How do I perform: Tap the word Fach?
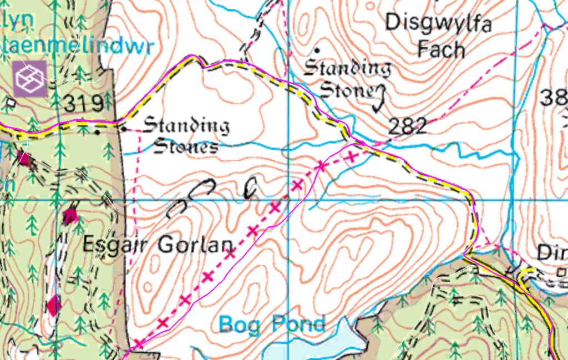click(x=441, y=49)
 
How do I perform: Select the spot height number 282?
click(x=408, y=127)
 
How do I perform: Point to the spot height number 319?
click(x=83, y=103)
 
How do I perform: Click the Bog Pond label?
click(x=271, y=324)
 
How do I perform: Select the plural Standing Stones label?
click(x=186, y=136)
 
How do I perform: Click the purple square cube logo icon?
click(x=31, y=79)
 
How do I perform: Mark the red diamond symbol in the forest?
click(x=54, y=306)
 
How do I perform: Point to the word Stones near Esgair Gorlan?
click(x=185, y=147)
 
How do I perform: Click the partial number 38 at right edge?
click(x=555, y=98)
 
